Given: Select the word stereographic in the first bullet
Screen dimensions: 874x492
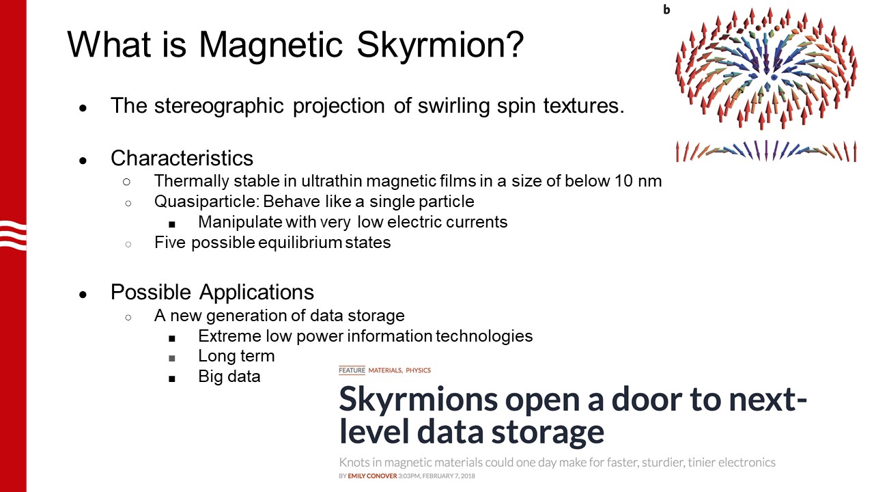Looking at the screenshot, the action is tap(219, 106).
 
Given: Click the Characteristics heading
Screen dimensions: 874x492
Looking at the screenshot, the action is tap(182, 158).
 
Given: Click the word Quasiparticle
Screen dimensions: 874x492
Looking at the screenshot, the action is tap(207, 202).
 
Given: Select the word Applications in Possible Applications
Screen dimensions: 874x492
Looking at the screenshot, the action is tap(256, 293).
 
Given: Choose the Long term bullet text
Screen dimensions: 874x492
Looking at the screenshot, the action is tap(236, 356).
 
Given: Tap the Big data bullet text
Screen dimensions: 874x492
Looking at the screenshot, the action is tap(229, 377).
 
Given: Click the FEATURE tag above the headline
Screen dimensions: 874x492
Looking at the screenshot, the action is tap(352, 370).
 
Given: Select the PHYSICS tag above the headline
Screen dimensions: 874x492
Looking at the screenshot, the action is tap(418, 370).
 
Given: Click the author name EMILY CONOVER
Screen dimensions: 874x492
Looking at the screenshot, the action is tap(372, 476).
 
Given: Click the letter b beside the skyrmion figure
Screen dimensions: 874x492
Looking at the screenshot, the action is tap(666, 10).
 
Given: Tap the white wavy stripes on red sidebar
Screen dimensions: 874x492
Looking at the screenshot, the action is tap(13, 235).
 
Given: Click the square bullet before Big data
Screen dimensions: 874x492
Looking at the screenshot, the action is tap(171, 379).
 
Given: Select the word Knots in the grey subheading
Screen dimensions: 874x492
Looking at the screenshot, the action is tap(354, 463).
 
